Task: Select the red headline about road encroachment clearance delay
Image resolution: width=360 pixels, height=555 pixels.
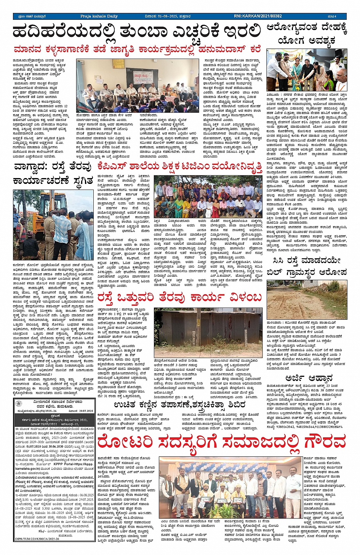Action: click(x=179, y=297)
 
